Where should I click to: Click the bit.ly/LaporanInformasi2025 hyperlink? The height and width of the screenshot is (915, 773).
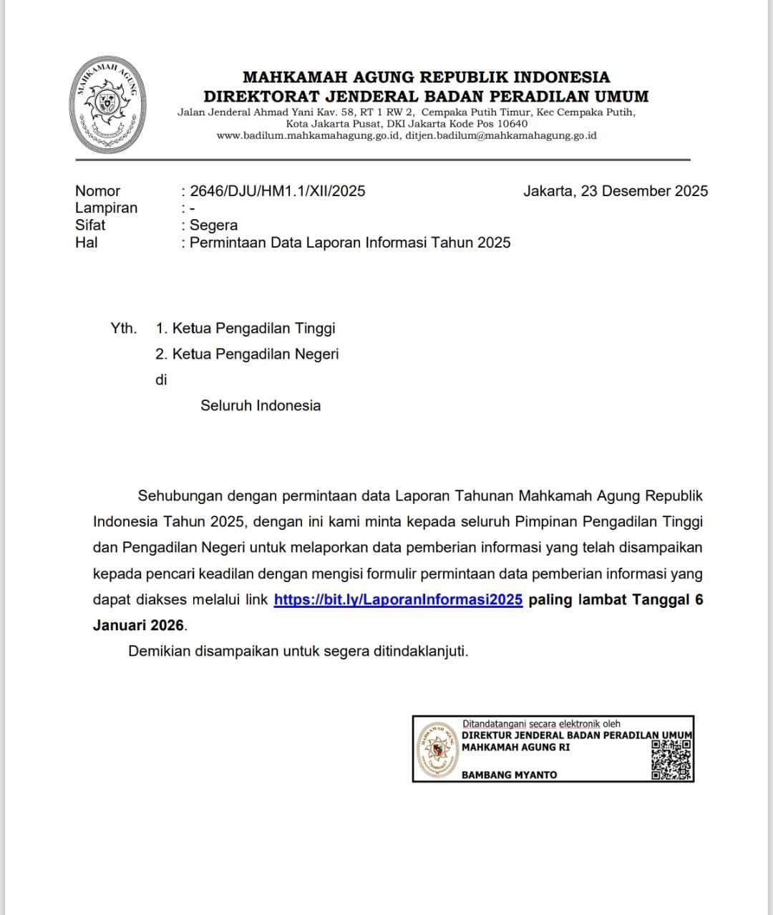398,600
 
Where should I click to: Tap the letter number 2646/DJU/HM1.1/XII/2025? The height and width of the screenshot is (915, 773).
278,191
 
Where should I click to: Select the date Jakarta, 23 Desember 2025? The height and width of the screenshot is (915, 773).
616,191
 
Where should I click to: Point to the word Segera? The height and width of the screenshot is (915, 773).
213,226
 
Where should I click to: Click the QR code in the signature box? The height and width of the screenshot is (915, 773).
671,760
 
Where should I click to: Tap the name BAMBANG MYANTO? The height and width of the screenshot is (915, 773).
509,775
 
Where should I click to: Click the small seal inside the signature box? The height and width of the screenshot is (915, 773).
438,749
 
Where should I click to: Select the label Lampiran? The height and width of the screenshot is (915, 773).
106,208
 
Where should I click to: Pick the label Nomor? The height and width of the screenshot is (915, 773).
97,191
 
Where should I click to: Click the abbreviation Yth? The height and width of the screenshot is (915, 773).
123,329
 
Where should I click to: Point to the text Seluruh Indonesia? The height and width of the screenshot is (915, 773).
261,406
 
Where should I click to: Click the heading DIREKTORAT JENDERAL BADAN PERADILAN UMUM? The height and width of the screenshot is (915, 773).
426,96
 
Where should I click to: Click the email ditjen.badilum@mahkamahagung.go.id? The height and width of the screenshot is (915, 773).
501,135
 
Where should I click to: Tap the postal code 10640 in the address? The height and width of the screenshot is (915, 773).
512,124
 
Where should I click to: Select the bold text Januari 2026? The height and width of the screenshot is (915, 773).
138,625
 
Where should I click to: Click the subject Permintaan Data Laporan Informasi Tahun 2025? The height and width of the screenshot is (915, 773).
350,243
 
